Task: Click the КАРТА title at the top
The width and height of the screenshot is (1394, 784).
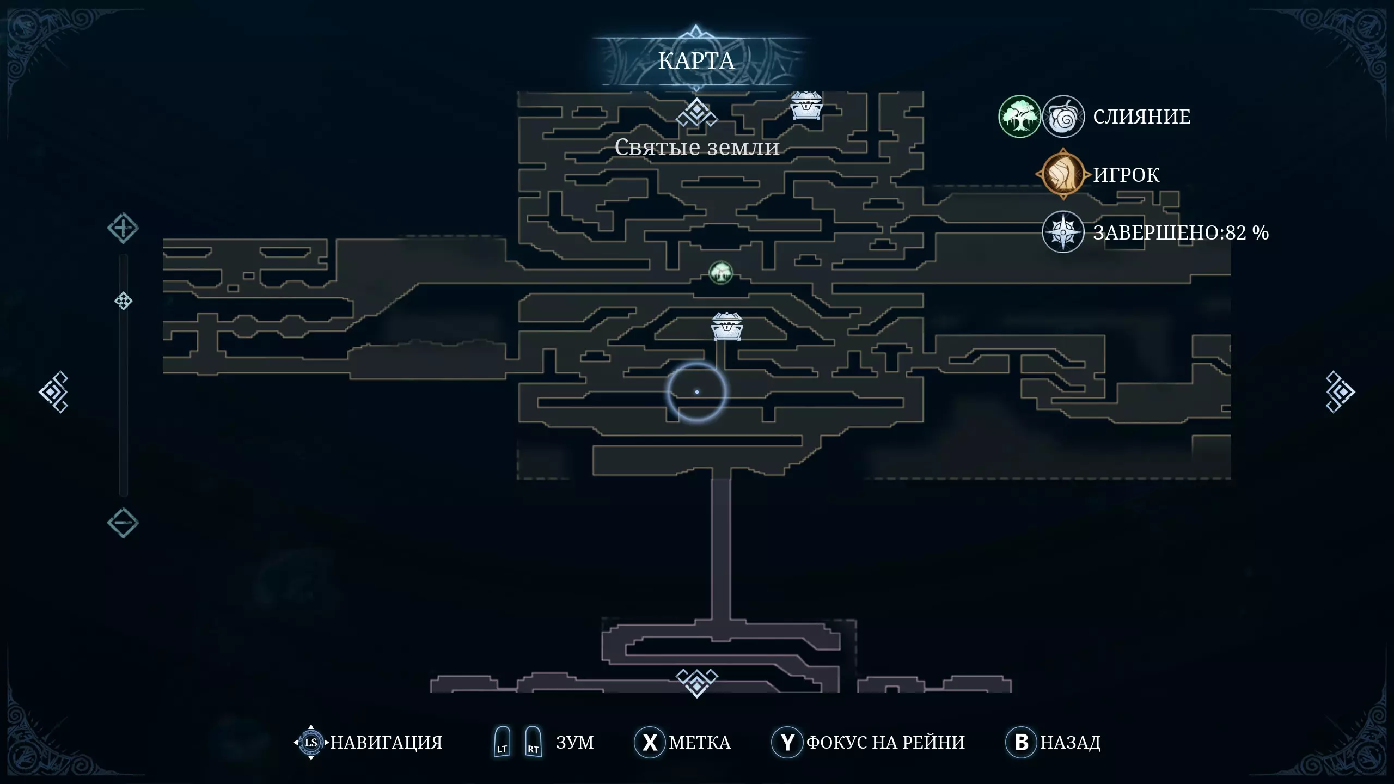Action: pos(696,61)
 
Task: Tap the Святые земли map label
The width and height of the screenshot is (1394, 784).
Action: pos(697,148)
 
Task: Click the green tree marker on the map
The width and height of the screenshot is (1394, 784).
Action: pos(721,273)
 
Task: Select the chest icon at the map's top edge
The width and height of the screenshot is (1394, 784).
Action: pos(806,106)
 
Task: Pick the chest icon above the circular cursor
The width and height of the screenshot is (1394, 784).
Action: pos(727,327)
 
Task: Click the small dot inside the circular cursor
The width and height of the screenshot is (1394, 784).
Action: pos(697,392)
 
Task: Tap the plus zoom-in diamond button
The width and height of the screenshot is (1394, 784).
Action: pos(123,228)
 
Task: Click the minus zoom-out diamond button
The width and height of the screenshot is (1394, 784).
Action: pos(123,523)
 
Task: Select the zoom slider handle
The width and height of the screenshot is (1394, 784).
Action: pos(124,301)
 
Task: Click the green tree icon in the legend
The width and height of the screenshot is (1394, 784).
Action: pos(1019,117)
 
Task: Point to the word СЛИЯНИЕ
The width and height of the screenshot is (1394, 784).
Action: pos(1142,117)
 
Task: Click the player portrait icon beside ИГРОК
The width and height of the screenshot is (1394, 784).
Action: pos(1062,174)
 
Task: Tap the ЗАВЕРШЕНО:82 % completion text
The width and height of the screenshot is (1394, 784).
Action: pos(1181,233)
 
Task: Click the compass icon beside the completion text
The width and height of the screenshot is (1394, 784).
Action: pos(1063,232)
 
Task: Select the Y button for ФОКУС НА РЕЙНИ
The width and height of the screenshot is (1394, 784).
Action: pos(787,742)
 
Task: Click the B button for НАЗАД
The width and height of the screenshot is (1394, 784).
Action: pos(1022,742)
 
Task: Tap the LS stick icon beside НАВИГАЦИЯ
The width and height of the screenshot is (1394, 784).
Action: pos(311,742)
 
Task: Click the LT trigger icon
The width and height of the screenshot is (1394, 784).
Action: pos(502,742)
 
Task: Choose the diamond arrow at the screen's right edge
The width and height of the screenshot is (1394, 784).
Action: pos(1340,392)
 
